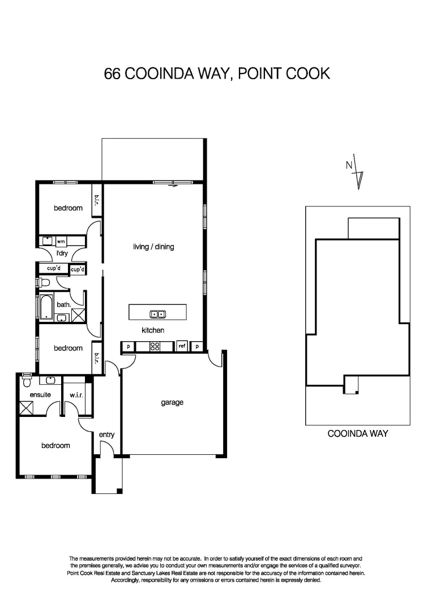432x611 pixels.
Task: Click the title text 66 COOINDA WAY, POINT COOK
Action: click(217, 74)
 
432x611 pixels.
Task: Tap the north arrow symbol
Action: click(357, 171)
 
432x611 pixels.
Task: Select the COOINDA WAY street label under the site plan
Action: click(358, 434)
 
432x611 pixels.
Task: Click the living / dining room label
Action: click(153, 247)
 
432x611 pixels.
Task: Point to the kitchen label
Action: click(153, 330)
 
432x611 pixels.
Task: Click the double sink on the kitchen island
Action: click(157, 314)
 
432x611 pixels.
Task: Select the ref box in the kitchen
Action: click(182, 346)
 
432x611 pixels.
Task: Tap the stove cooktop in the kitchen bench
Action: click(155, 346)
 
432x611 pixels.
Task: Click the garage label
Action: click(172, 403)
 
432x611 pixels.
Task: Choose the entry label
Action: click(106, 434)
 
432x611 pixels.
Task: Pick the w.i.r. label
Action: click(76, 395)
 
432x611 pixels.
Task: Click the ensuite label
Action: click(41, 395)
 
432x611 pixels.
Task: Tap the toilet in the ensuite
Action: click(25, 381)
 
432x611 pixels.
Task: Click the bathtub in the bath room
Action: click(45, 306)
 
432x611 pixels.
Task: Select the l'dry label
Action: click(62, 253)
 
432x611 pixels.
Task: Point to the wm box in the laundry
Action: click(61, 241)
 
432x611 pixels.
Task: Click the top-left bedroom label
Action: click(68, 208)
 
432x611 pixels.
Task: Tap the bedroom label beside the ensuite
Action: click(55, 446)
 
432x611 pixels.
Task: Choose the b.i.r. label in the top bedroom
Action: click(96, 201)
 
